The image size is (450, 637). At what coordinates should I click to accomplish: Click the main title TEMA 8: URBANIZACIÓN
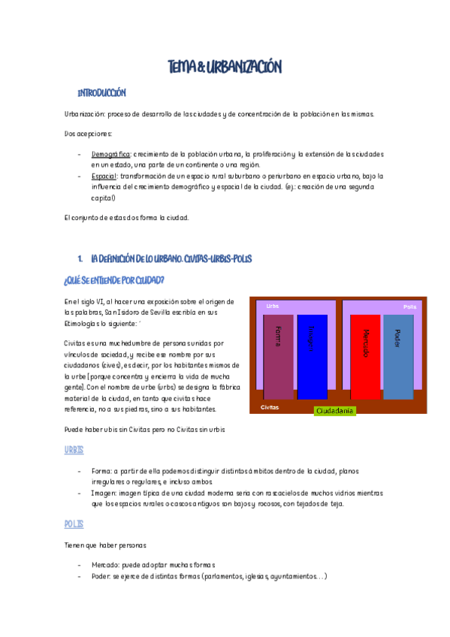pos(225,68)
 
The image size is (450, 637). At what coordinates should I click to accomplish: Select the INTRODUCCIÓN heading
pos(101,93)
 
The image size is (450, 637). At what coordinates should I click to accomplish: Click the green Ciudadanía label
pos(334,410)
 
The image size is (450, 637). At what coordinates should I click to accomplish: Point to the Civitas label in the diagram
pos(270,406)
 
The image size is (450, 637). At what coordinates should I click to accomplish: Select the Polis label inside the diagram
pos(409,306)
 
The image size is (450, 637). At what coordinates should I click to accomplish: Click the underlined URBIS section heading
pos(74,449)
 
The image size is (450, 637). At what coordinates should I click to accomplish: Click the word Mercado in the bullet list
pos(107,565)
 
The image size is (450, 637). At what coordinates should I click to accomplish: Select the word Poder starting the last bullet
pos(102,576)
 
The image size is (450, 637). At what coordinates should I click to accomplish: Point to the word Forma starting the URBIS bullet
pos(101,470)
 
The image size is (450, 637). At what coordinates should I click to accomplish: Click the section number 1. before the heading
pos(80,258)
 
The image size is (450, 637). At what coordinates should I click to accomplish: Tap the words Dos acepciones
pos(88,134)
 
